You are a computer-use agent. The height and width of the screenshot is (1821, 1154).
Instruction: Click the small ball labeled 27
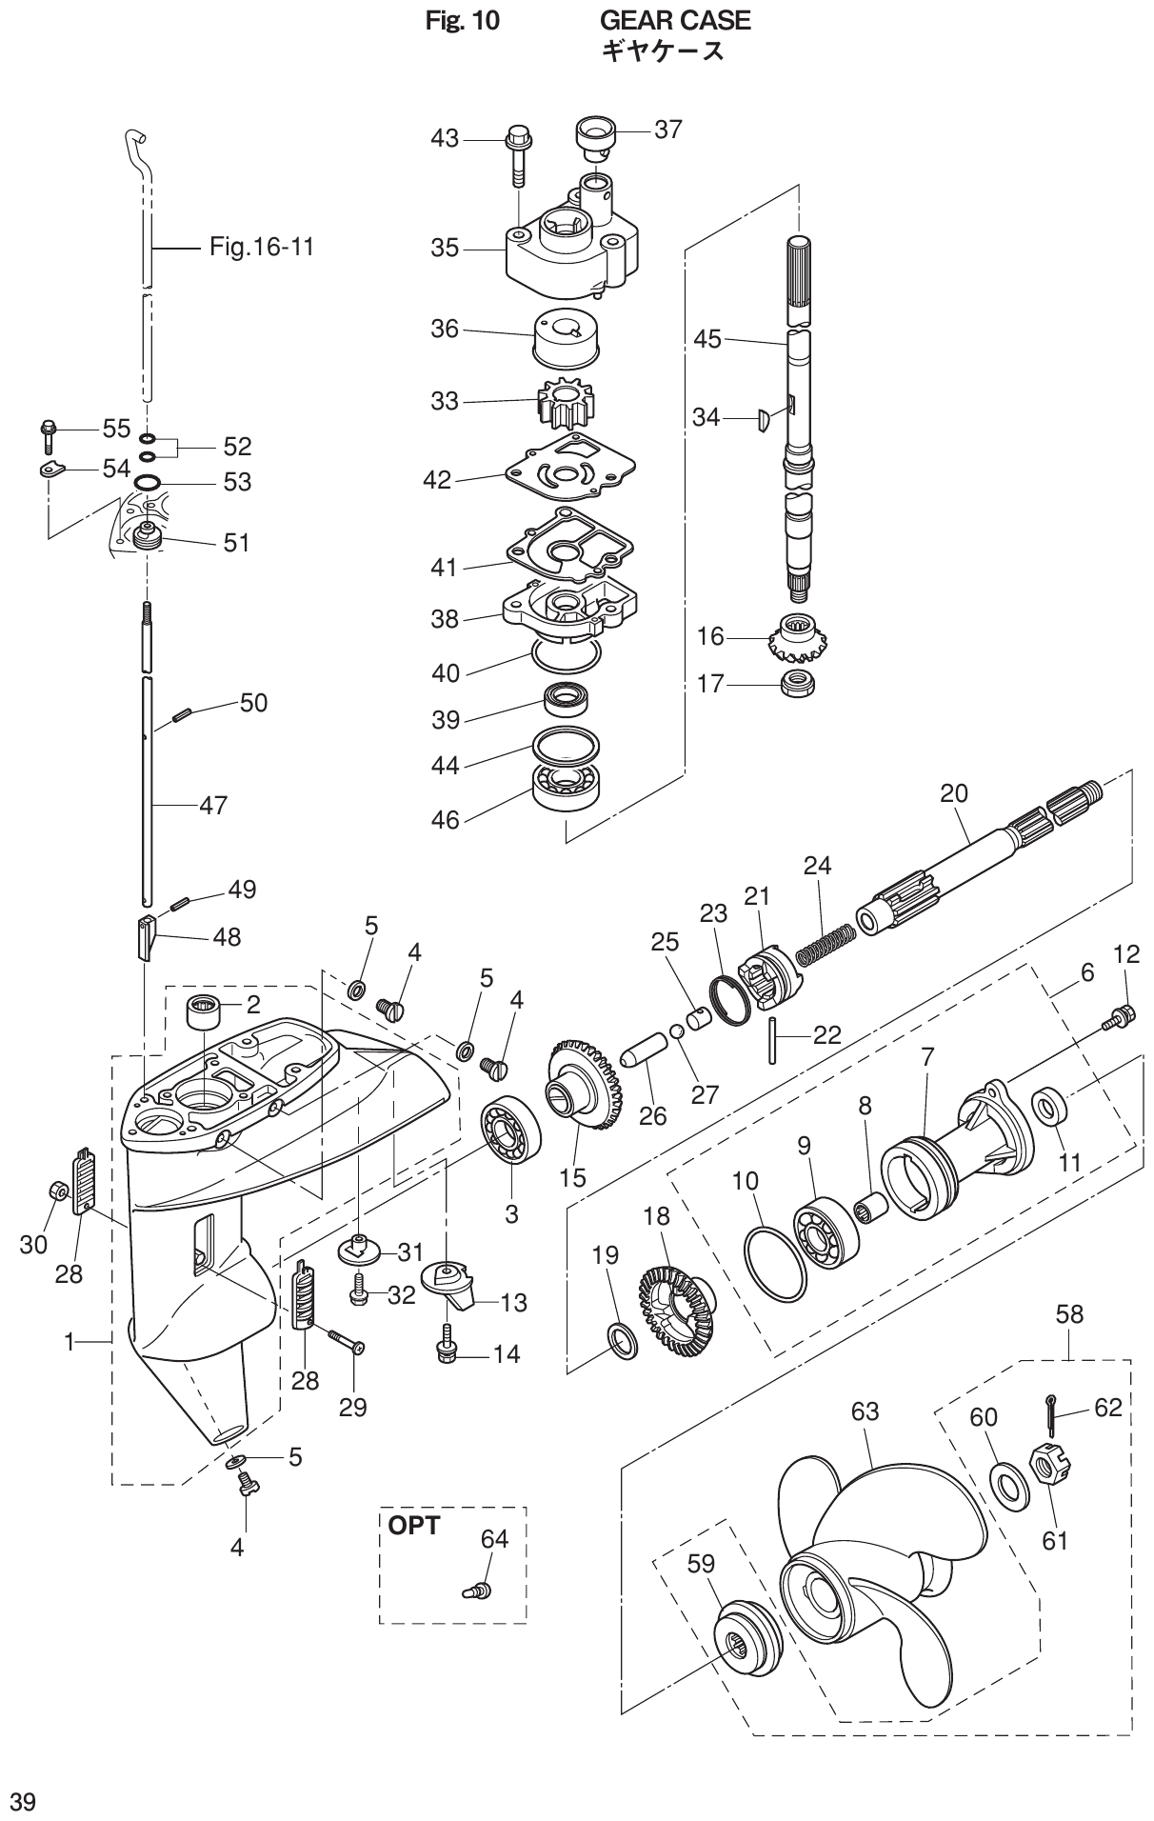pyautogui.click(x=677, y=1031)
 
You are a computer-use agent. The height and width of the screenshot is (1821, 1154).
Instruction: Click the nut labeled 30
pyautogui.click(x=57, y=1191)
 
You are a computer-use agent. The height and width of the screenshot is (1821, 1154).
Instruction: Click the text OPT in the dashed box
pyautogui.click(x=414, y=1526)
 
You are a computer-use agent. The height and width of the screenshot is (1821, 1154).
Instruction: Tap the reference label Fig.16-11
pyautogui.click(x=261, y=248)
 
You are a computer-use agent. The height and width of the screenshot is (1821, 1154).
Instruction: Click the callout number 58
pyautogui.click(x=1069, y=1314)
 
